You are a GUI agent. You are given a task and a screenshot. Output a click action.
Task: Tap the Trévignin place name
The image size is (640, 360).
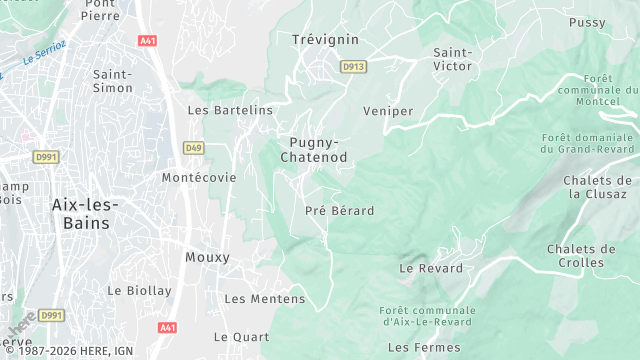[x=324, y=39]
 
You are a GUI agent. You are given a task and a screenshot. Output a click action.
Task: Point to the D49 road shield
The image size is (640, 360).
[x=193, y=148]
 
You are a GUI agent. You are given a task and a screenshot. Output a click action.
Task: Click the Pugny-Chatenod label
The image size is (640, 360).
[x=314, y=150]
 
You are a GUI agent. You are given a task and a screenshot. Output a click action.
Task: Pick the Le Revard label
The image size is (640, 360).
[x=431, y=268]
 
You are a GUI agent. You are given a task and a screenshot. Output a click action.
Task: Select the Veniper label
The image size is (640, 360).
[x=388, y=111]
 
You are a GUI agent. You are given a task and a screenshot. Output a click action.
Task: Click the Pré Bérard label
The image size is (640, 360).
[x=339, y=211]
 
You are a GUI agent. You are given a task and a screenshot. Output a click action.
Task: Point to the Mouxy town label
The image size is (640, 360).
[x=207, y=257]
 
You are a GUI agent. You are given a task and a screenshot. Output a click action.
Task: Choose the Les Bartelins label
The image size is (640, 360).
[x=230, y=110]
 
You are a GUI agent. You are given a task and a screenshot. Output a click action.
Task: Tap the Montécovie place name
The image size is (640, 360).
[x=199, y=177]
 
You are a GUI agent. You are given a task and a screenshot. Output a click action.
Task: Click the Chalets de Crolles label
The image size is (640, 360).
[x=581, y=255]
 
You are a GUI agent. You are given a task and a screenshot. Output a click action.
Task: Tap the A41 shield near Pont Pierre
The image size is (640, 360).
[x=148, y=41]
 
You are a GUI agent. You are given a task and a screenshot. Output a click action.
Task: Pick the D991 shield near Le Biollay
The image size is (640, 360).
[x=51, y=315]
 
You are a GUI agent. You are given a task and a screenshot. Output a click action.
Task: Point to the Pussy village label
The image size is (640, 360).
[x=587, y=22]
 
